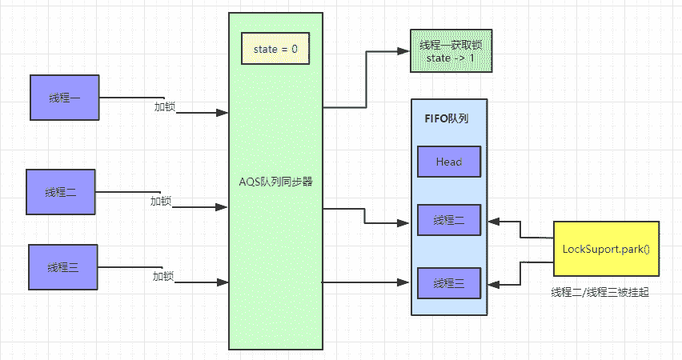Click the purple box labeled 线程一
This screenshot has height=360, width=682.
coord(65,98)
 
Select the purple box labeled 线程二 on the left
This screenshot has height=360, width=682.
coord(61,192)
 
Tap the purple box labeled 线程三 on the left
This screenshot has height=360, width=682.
coord(62,267)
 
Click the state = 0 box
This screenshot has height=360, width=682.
coord(275,50)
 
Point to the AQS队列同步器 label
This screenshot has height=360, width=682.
coord(275,182)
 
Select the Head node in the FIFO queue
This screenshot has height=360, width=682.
coord(449,162)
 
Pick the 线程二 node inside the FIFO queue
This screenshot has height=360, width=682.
coord(449,220)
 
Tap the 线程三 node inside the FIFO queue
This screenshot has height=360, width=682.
coord(449,283)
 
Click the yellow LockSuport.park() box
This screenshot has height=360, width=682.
coord(606,250)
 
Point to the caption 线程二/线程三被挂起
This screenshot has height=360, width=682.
coord(600,293)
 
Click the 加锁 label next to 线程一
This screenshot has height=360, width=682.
coord(165,106)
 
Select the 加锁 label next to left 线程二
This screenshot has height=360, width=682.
coord(161,201)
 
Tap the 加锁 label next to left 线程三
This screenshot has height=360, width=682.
coord(163,277)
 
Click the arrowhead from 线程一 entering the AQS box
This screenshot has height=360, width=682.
coord(223,113)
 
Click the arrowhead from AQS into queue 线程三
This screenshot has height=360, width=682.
coord(406,282)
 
